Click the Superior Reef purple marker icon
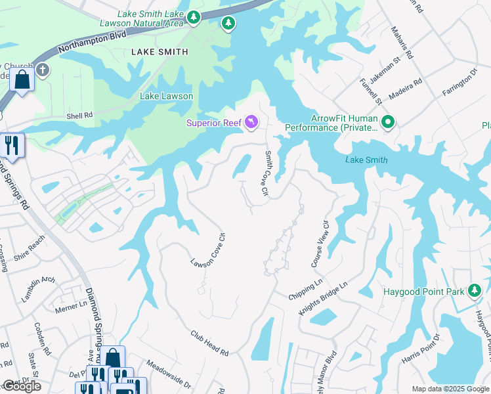(251, 122)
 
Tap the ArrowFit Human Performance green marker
(387, 121)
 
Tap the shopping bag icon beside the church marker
(22, 81)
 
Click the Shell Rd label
(79, 115)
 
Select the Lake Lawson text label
(166, 96)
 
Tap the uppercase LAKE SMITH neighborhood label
(160, 51)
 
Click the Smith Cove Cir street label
(267, 173)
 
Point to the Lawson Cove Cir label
(206, 253)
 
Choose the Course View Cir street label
(319, 243)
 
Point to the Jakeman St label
(387, 71)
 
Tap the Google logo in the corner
(21, 386)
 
